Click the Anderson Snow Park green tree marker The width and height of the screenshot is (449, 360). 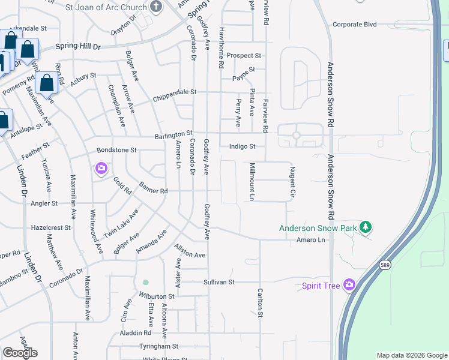click(x=364, y=227)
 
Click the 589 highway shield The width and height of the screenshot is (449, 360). click(x=385, y=265)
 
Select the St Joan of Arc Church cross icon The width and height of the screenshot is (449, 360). click(x=156, y=7)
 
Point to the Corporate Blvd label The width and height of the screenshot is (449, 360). click(x=354, y=25)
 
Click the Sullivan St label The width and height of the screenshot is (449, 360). click(x=218, y=281)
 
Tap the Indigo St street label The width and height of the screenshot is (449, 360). click(x=243, y=146)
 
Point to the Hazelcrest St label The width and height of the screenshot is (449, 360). click(x=50, y=228)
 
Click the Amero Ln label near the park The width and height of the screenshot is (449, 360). click(x=310, y=240)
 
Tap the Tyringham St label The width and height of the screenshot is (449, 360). click(x=158, y=347)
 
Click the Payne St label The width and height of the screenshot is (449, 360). click(x=244, y=78)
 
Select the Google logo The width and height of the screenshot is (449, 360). click(x=20, y=352)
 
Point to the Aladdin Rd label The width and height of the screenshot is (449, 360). click(x=134, y=333)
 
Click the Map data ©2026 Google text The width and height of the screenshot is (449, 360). click(x=411, y=355)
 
